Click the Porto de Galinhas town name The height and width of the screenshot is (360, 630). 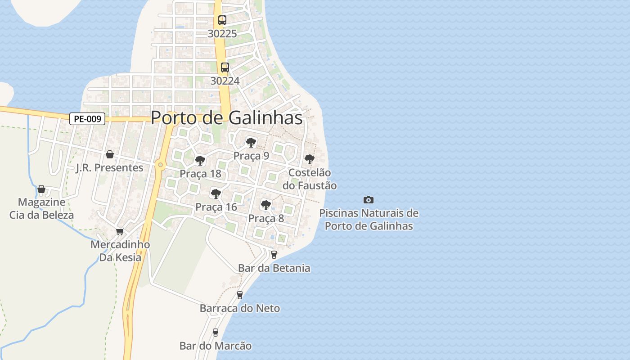coord(226,118)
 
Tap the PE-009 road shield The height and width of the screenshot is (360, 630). coord(87,119)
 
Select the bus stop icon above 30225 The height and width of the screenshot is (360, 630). coord(222,20)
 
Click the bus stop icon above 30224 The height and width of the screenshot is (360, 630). coord(225,67)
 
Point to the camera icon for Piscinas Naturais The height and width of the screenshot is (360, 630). coord(369,200)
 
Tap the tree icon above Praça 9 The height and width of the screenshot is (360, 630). coord(251,143)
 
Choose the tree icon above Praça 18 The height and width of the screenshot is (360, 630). coord(200,160)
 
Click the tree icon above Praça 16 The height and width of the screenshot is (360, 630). coord(216,194)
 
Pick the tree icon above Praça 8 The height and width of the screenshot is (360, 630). coord(266,205)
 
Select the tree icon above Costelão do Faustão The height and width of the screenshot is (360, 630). coord(309,159)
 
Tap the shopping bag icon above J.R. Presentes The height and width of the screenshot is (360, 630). coord(109,155)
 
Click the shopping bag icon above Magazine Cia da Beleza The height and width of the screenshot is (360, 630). coord(41,189)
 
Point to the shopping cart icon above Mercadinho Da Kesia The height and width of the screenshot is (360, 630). coord(120,231)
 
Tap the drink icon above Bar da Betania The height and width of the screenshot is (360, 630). coord(274,255)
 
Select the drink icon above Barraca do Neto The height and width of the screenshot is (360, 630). coord(240,295)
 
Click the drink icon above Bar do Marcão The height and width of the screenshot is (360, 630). coord(216,333)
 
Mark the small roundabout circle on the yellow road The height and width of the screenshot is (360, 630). coord(160,165)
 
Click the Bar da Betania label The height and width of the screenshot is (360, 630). coord(274,268)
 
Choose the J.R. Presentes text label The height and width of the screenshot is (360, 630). coord(109,168)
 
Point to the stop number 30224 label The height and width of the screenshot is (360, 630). coord(225,81)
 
